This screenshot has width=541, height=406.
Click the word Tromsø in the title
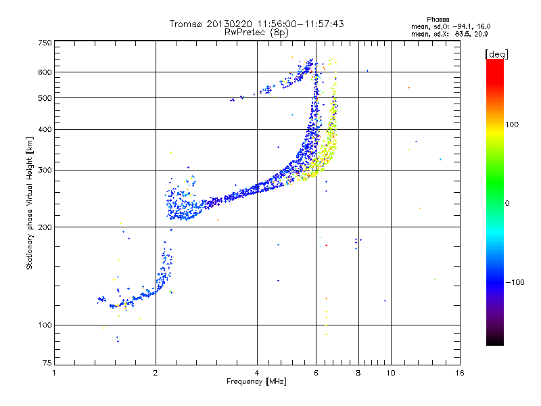tap(186, 24)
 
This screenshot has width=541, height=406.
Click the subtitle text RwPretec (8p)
tap(256, 32)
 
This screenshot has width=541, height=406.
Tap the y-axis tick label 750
tap(45, 43)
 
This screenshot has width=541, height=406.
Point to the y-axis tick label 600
tap(45, 72)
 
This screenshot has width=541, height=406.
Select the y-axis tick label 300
tap(45, 170)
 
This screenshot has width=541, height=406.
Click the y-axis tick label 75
tap(47, 363)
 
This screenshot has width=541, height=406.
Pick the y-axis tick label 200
tap(45, 227)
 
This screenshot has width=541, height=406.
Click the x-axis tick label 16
tap(460, 373)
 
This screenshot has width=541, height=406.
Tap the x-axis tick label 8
tap(358, 373)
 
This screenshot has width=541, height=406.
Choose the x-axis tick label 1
tap(54, 373)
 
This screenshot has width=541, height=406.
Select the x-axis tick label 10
tap(391, 373)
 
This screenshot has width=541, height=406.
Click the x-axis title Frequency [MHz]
tap(256, 382)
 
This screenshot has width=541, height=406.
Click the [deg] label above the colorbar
tap(496, 54)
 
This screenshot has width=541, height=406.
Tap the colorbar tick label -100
tap(515, 282)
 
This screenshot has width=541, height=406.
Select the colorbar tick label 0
tap(507, 203)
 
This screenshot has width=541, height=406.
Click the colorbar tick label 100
tap(512, 125)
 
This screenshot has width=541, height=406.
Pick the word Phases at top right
tap(438, 20)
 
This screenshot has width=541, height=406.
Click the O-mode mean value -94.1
tap(464, 26)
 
